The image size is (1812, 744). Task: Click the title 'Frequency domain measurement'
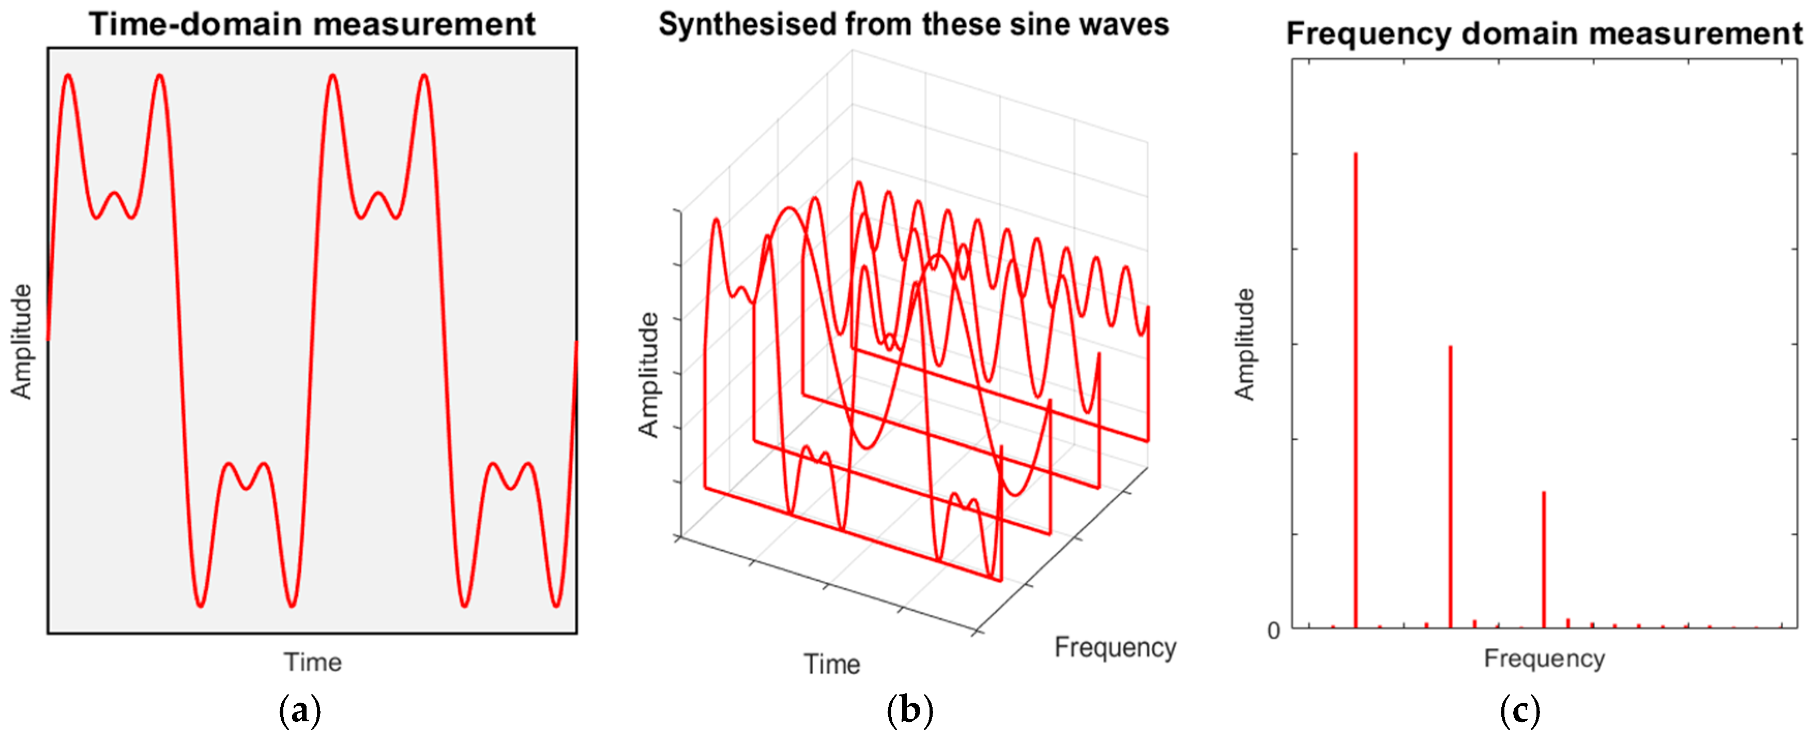point(1544,33)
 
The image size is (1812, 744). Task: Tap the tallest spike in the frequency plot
point(1356,387)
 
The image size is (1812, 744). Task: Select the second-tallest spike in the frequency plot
point(1451,485)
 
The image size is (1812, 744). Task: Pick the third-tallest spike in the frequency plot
point(1544,559)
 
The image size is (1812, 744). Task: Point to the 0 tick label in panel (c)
point(1274,631)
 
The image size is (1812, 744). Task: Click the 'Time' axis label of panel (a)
point(312,662)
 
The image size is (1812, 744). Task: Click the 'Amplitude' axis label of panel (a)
point(22,341)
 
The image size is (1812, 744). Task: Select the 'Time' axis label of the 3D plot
point(831,664)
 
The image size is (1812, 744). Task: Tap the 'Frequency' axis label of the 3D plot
point(1115,647)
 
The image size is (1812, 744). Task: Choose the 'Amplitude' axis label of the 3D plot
point(649,375)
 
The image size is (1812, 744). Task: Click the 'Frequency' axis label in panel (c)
point(1544,658)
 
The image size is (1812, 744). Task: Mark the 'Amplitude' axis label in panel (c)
point(1245,344)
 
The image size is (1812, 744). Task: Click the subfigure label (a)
point(300,711)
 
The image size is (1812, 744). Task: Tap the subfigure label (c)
point(1520,711)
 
